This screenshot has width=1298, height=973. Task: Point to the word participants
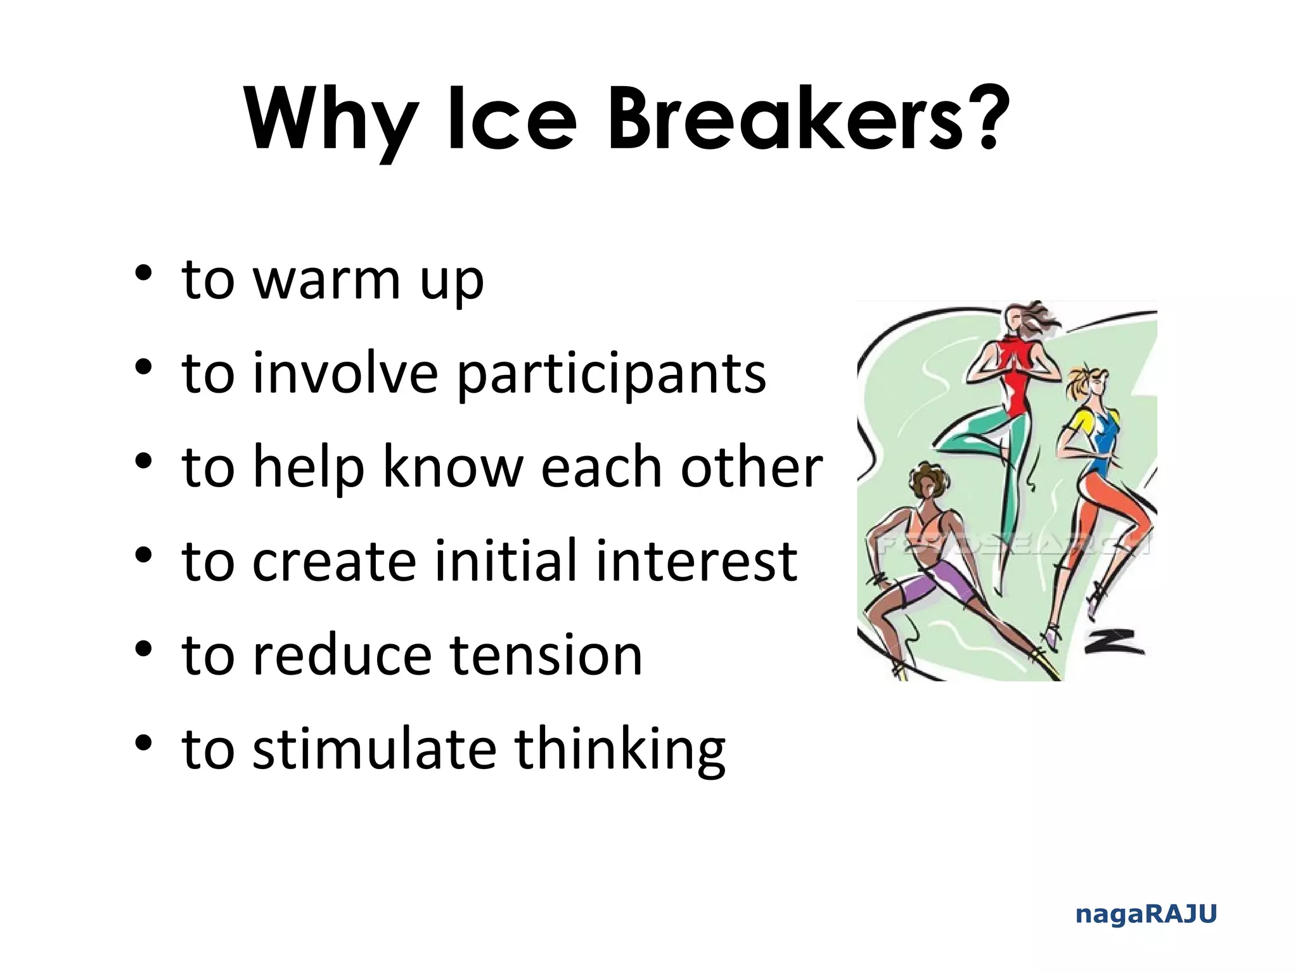611,374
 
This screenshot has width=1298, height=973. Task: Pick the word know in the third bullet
453,467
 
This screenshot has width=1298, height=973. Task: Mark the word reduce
342,655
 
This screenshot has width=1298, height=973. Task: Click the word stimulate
375,749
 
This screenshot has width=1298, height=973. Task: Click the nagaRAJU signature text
1146,914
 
